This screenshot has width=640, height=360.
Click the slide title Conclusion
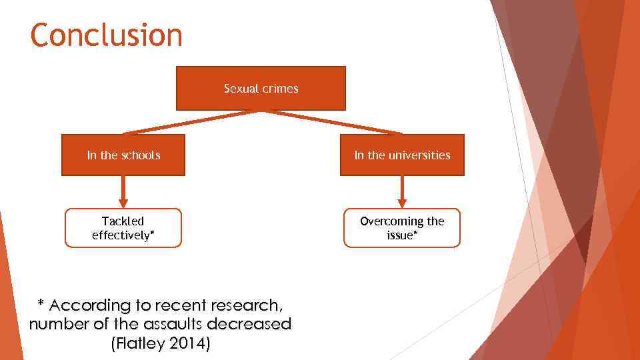(x=106, y=35)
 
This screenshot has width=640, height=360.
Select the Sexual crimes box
(x=261, y=88)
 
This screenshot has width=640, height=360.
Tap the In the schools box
(x=123, y=155)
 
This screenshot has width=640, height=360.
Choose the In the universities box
(x=402, y=155)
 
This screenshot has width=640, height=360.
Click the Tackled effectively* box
(x=123, y=228)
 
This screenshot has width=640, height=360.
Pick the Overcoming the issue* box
(x=402, y=228)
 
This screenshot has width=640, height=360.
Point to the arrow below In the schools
(x=123, y=193)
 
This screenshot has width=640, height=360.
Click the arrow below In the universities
(x=402, y=193)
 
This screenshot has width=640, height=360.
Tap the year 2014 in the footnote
(x=189, y=344)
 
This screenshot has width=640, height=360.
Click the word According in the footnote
(x=89, y=305)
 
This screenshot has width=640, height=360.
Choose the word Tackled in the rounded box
(x=123, y=221)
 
